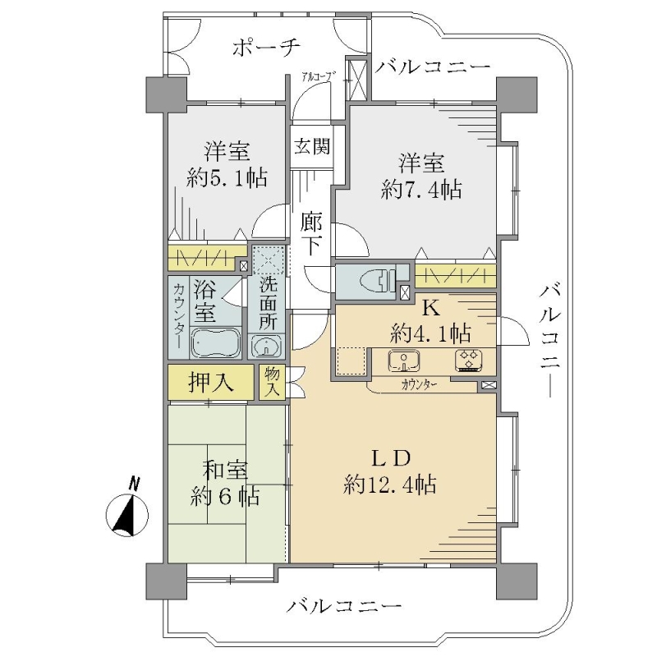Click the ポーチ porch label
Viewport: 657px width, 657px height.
tap(266, 48)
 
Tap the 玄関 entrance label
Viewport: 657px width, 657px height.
tap(312, 146)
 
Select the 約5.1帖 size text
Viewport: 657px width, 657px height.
tap(227, 178)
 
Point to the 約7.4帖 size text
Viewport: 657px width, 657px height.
tap(421, 190)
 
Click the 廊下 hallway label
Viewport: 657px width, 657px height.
tap(312, 234)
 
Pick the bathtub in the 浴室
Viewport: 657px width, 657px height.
tap(216, 342)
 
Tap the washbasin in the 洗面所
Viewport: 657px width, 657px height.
tap(266, 347)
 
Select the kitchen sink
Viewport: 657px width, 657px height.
tap(404, 361)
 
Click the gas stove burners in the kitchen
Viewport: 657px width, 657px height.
tap(469, 361)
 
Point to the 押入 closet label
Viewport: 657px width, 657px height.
tap(211, 382)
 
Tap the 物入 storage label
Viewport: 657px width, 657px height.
tap(272, 382)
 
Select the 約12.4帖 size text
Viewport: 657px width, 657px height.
tap(389, 485)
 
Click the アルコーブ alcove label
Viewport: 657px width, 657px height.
tap(319, 76)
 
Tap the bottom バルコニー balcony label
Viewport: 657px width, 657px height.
tap(343, 606)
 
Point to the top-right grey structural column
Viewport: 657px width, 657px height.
tap(517, 94)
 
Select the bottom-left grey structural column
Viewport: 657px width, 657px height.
tap(167, 581)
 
